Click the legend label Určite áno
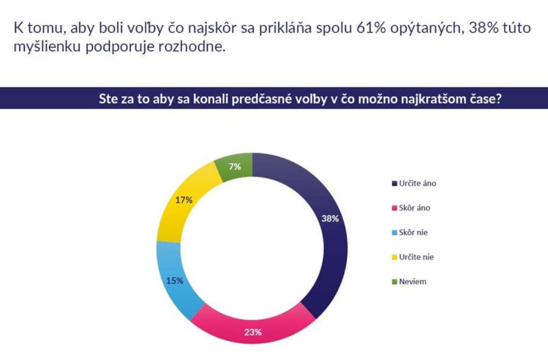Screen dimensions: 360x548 point(417,183)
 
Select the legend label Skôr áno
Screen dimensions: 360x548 point(414,208)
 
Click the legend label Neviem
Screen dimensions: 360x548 point(413,282)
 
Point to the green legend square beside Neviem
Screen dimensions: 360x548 point(394,282)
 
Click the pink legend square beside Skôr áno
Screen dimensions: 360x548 point(394,208)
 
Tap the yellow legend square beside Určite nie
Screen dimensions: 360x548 point(394,257)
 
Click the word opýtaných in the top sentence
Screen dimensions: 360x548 point(429,28)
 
